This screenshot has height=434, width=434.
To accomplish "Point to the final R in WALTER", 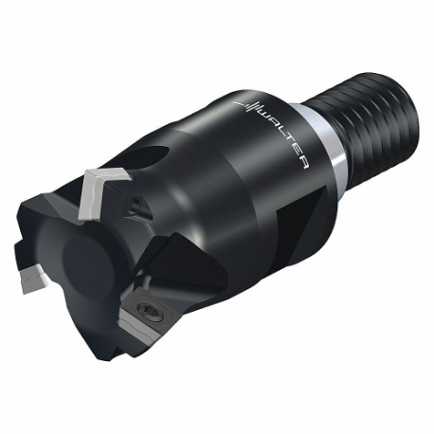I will (x=300, y=162).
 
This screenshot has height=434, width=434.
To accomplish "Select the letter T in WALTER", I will (x=285, y=143).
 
